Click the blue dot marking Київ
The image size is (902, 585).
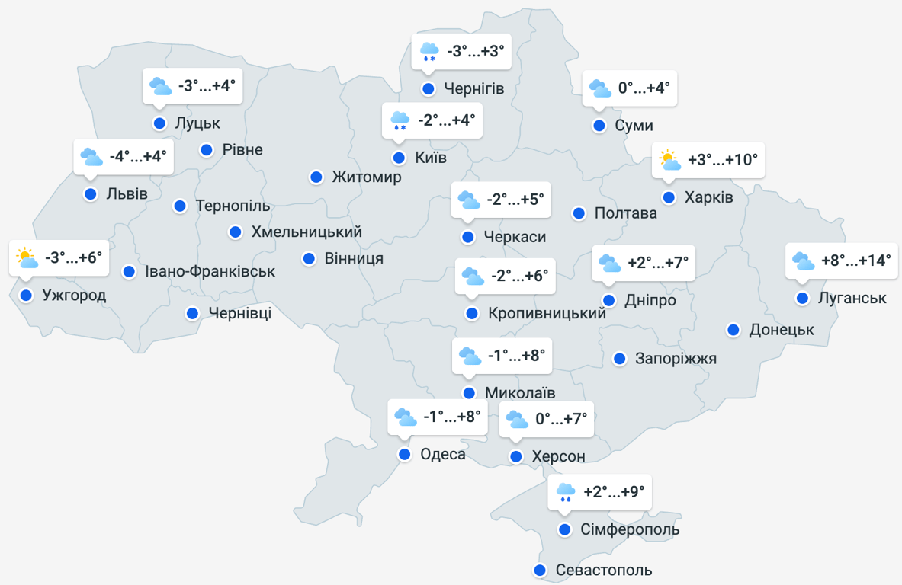[399, 158]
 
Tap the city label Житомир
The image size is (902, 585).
[366, 177]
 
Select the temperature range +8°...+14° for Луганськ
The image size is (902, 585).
[856, 261]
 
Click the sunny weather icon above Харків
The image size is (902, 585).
[669, 160]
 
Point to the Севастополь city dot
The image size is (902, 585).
[540, 570]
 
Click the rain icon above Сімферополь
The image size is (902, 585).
[565, 492]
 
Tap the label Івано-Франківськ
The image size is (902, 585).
[210, 271]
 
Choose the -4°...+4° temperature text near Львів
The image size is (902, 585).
[137, 157]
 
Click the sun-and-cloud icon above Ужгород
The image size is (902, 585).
[27, 258]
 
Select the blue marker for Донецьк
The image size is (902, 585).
[733, 330]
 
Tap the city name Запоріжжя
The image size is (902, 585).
[676, 358]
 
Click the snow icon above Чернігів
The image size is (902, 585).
[429, 52]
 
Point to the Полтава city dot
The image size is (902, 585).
[579, 213]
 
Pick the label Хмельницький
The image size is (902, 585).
[307, 232]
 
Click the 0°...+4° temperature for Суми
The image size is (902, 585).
[644, 88]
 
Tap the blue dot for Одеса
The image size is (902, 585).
[405, 455]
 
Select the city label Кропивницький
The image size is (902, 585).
[547, 313]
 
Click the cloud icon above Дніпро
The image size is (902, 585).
[609, 263]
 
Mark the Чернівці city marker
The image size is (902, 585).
[193, 313]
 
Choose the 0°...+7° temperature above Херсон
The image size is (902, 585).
[563, 419]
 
